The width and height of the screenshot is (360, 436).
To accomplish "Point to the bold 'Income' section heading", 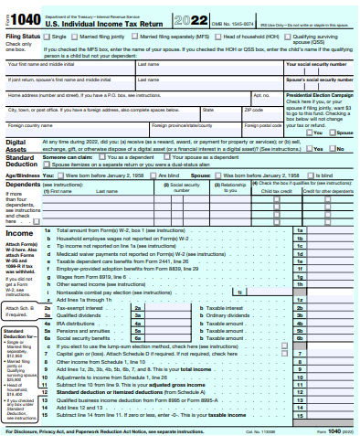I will [19, 233].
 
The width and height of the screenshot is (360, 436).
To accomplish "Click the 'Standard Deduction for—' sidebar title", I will [18, 334].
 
